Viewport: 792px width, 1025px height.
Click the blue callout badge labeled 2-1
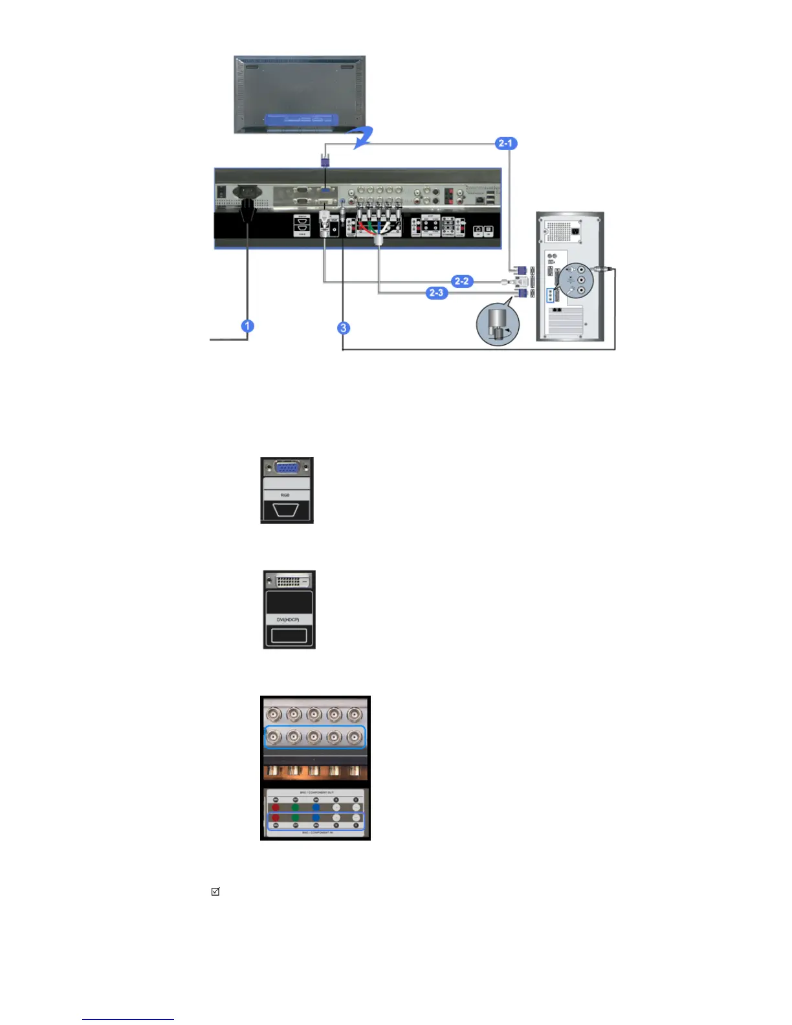505,143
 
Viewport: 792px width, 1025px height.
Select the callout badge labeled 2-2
461,281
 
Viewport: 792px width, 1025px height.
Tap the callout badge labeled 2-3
437,293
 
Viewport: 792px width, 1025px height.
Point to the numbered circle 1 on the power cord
247,326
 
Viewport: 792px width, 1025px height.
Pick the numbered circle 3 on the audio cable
344,328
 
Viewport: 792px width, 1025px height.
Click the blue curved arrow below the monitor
362,138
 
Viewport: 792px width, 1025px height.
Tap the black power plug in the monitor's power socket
248,206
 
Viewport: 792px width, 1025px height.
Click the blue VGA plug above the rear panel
325,158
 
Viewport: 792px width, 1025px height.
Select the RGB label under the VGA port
285,495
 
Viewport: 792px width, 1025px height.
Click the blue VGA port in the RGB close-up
287,468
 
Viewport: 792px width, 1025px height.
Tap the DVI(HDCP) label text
289,620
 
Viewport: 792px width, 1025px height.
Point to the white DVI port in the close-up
289,580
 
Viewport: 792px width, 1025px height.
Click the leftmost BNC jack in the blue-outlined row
274,737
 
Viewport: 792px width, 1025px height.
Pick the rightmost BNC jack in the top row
354,714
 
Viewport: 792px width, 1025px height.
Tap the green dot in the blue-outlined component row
296,818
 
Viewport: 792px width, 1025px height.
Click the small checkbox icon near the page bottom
215,892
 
